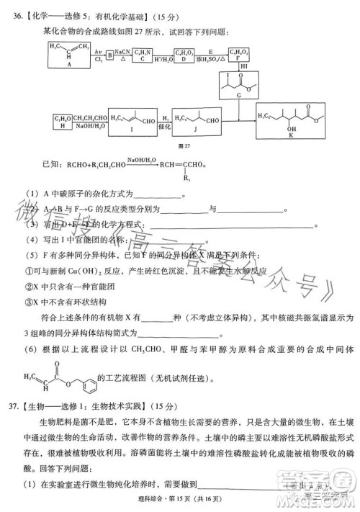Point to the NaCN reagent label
coord(122,49)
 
